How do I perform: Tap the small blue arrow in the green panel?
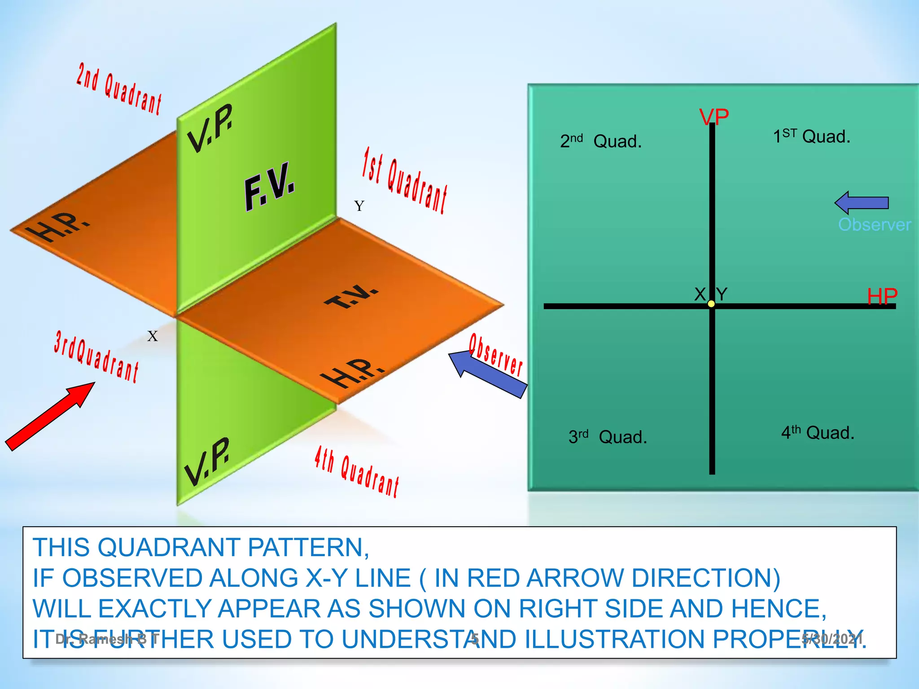click(861, 203)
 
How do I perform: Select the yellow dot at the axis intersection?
click(711, 304)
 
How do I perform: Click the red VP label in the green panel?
click(714, 118)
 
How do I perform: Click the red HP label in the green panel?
click(882, 297)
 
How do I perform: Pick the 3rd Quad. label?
click(608, 436)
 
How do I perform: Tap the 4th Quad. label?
click(817, 432)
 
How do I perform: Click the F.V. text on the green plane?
click(269, 186)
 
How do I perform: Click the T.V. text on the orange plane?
click(351, 297)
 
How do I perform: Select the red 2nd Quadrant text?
click(119, 89)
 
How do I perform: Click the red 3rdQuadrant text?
click(96, 356)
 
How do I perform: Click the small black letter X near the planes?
click(153, 336)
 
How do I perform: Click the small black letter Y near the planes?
click(359, 206)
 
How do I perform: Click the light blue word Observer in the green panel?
click(874, 224)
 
